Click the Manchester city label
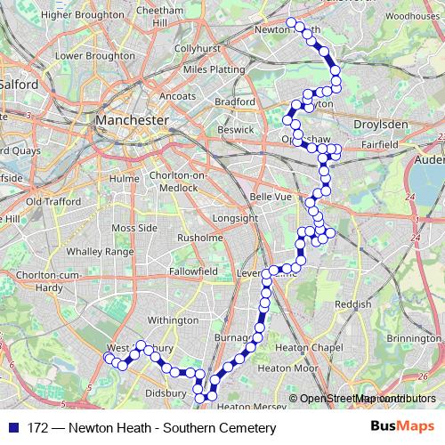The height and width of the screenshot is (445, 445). (x=131, y=119)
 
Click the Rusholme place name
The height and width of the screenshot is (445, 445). (x=200, y=238)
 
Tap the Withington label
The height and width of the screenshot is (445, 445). (x=173, y=320)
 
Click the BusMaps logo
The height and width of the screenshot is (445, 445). (x=403, y=428)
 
